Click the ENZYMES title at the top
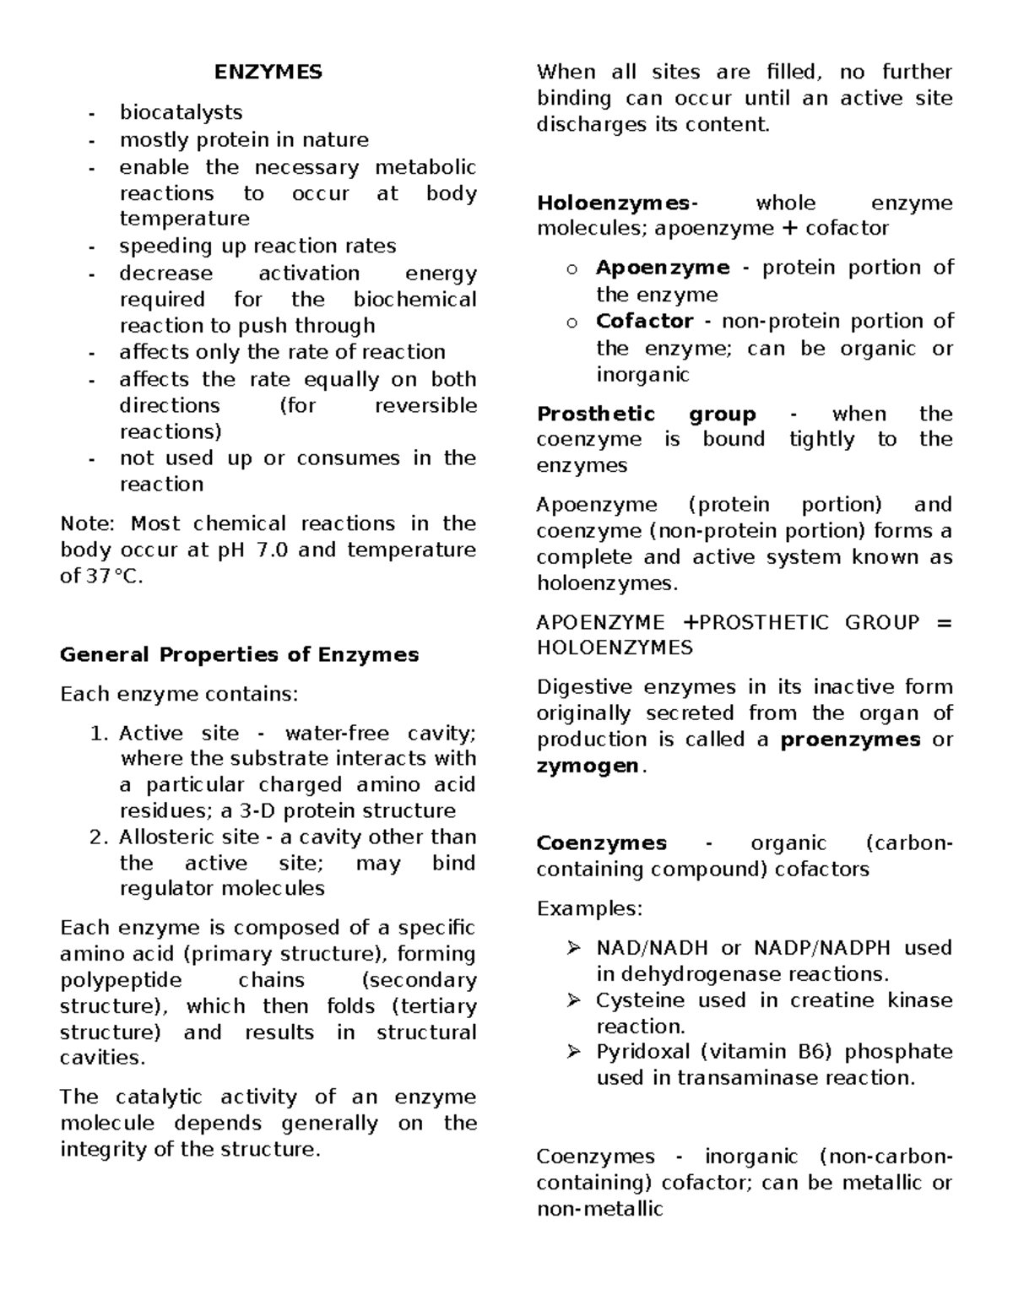268,73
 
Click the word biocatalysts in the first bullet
181,112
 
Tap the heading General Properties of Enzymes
239,655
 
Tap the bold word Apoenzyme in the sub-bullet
663,268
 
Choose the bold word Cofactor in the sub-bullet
644,322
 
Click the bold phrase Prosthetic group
646,414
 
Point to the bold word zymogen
588,767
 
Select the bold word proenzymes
850,740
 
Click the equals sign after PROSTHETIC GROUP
943,623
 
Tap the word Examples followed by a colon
589,909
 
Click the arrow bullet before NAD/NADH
574,949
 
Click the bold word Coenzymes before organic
601,843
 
